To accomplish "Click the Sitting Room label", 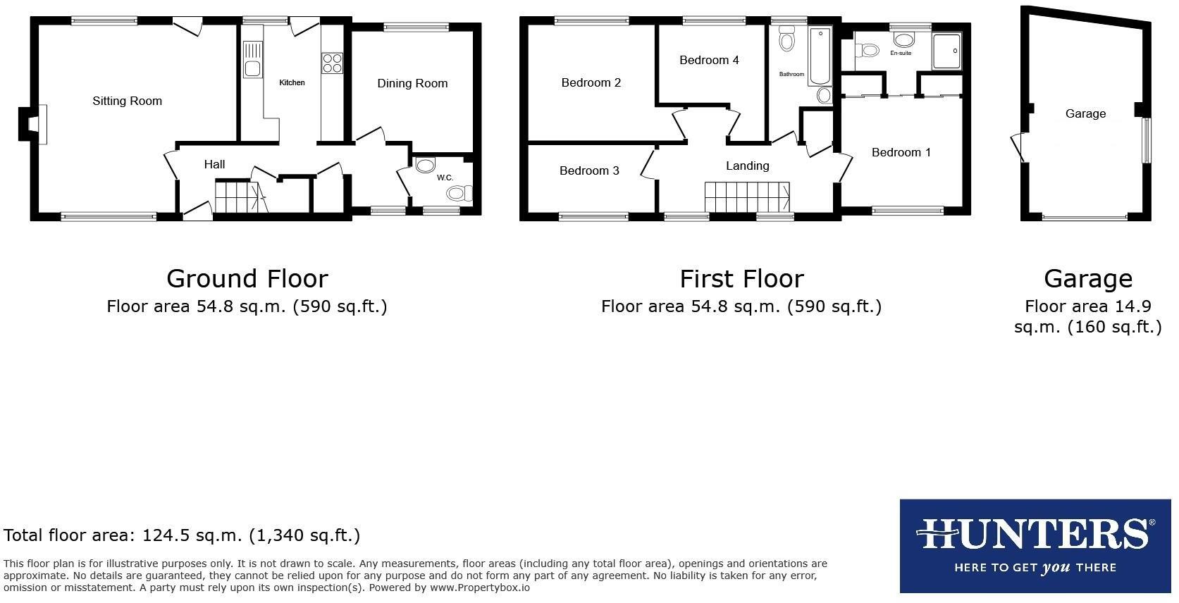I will pos(127,101).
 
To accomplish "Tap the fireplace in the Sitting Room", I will pos(32,124).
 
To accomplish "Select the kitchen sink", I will pos(252,60).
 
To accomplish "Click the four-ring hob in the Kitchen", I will pos(332,63).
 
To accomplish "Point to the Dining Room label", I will pos(412,83).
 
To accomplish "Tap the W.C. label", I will pos(445,178).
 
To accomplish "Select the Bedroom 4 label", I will pos(709,61).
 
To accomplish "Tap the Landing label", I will pos(747,166).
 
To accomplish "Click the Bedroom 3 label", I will pos(589,170).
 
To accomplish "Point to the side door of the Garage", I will pos(1017,147).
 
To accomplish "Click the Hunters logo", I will pos(1035,545).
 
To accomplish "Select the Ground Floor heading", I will pos(247,278).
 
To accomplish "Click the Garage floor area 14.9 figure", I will pos(1134,306).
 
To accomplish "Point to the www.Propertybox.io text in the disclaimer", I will pos(479,588).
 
